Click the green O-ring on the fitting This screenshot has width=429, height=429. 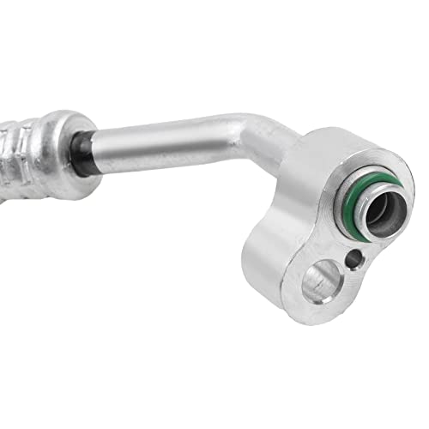coord(357,185)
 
